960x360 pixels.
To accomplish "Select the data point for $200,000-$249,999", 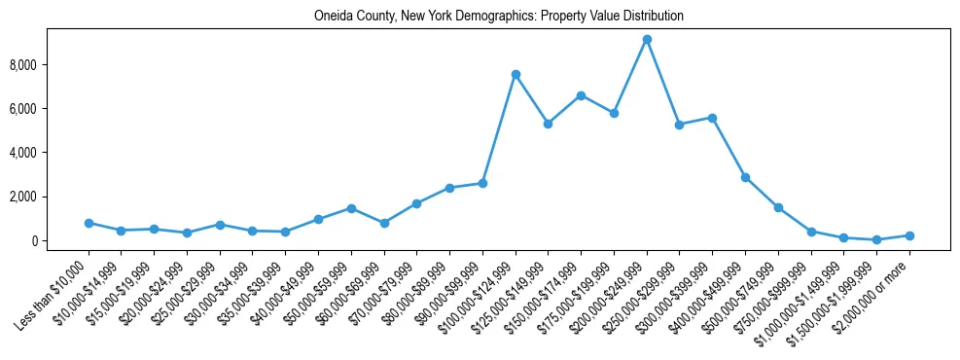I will (x=647, y=40).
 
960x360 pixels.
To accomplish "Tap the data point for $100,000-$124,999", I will (x=516, y=74).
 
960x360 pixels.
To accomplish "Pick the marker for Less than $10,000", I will (x=89, y=223).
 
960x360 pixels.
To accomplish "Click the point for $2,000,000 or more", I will (x=909, y=235).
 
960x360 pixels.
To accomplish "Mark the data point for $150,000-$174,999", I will (x=581, y=95).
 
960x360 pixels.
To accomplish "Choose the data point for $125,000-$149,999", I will (x=549, y=124).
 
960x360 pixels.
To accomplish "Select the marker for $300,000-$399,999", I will (x=713, y=118).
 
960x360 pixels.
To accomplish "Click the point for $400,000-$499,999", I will (x=745, y=177).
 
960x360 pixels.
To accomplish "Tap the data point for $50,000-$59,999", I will (x=351, y=208).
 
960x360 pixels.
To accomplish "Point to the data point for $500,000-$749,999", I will (x=778, y=207).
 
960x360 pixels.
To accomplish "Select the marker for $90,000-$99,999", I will (x=482, y=183).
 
